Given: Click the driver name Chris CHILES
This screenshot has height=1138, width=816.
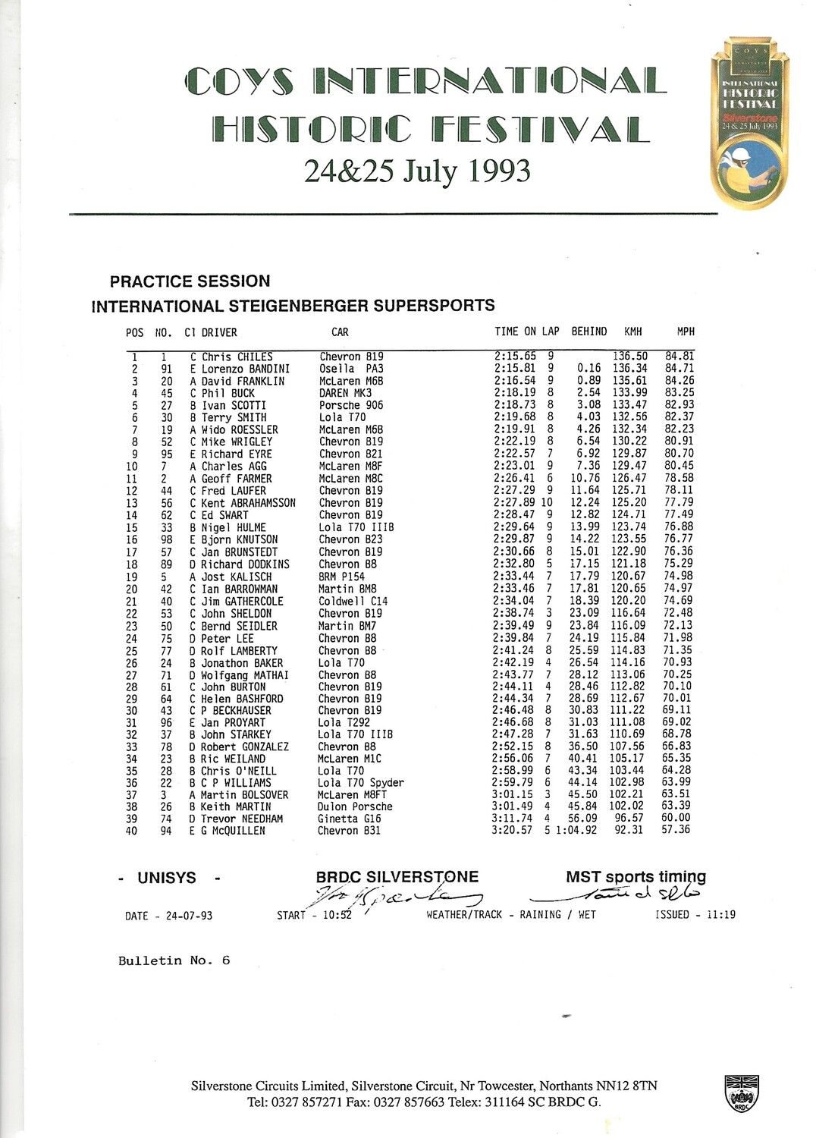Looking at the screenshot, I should click(x=237, y=357).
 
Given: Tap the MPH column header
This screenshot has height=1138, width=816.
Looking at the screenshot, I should click(x=686, y=332).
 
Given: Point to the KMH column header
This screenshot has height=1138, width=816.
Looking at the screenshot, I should click(x=632, y=332).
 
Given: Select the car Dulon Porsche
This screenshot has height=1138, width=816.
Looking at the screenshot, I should click(x=355, y=806).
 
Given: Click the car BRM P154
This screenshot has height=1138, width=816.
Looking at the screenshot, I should click(x=341, y=577).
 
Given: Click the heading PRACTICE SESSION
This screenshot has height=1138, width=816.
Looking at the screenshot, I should click(x=190, y=281).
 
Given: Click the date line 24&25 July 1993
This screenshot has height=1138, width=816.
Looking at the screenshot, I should click(x=417, y=171).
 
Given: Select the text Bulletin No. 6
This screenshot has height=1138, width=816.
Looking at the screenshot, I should click(x=174, y=960).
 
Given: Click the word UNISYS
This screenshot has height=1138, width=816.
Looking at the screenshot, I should click(x=167, y=878).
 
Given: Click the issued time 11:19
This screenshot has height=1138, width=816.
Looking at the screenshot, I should click(x=720, y=915).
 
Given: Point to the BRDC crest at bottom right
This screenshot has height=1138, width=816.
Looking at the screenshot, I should click(x=741, y=1093).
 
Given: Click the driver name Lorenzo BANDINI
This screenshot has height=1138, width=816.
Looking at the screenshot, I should click(x=245, y=369).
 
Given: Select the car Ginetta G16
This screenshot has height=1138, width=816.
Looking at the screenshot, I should click(x=349, y=819).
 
